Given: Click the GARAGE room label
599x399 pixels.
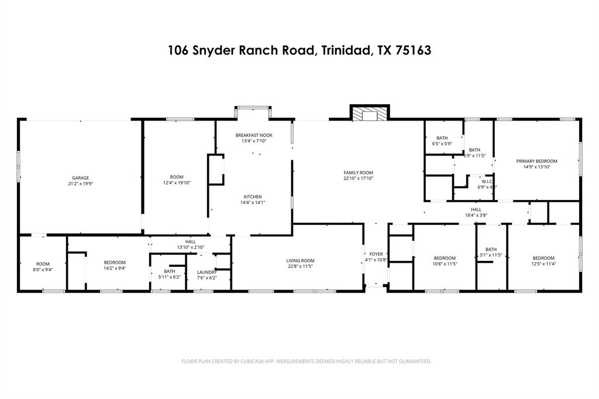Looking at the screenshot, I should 81,178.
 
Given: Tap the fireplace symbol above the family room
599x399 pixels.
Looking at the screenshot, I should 370,113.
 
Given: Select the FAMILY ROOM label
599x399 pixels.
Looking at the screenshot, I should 358,173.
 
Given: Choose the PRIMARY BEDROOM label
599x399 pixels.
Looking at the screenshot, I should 536,161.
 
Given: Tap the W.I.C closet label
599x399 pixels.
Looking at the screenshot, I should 487,181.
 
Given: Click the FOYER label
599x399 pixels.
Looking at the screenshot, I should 376,254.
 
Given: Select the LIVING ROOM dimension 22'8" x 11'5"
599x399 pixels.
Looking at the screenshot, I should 300,267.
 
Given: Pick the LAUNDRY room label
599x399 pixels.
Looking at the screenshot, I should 207,272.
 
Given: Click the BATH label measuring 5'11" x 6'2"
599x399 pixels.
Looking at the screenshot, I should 170,271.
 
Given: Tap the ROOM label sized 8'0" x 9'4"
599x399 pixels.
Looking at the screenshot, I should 43,264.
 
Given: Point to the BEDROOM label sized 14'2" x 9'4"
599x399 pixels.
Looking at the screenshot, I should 115,262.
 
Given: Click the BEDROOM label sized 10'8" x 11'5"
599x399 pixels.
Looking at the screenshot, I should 445,258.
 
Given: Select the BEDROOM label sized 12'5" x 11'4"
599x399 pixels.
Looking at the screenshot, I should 543,258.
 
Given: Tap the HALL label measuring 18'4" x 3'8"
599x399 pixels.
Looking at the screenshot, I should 476,209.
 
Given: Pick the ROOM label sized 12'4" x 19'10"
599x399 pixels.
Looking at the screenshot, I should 177,177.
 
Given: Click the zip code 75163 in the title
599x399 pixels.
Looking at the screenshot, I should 413,50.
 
